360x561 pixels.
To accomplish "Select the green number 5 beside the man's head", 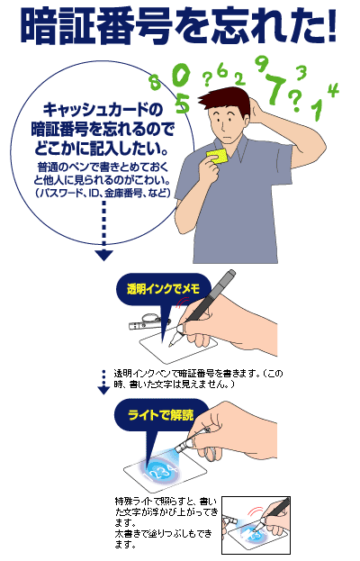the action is tap(183, 104).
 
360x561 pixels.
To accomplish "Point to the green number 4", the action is tap(332, 90).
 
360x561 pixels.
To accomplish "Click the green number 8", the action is tap(155, 82).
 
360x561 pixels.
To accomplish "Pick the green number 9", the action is tap(262, 65).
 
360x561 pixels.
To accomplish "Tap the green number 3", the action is tap(301, 73).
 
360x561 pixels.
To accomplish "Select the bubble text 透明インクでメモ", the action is tap(163, 288).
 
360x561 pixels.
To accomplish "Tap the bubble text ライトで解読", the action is tap(161, 414).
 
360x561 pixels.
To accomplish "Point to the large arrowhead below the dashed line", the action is tap(104, 255).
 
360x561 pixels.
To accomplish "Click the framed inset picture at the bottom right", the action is tap(256, 525).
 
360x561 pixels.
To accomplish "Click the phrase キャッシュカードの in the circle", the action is tap(103, 109).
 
